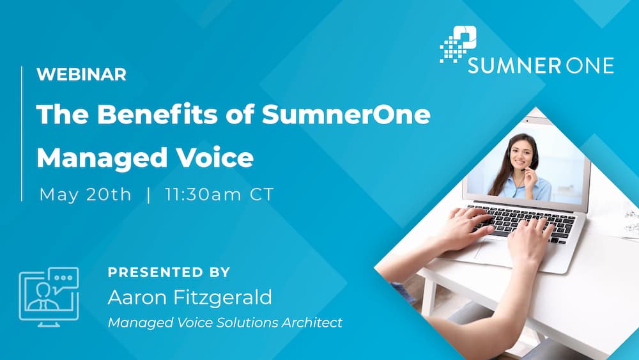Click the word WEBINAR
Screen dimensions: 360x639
tap(81, 74)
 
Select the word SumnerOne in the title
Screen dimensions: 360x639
tap(346, 115)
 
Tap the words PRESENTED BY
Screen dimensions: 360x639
tap(169, 272)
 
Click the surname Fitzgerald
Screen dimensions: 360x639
tap(220, 297)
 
